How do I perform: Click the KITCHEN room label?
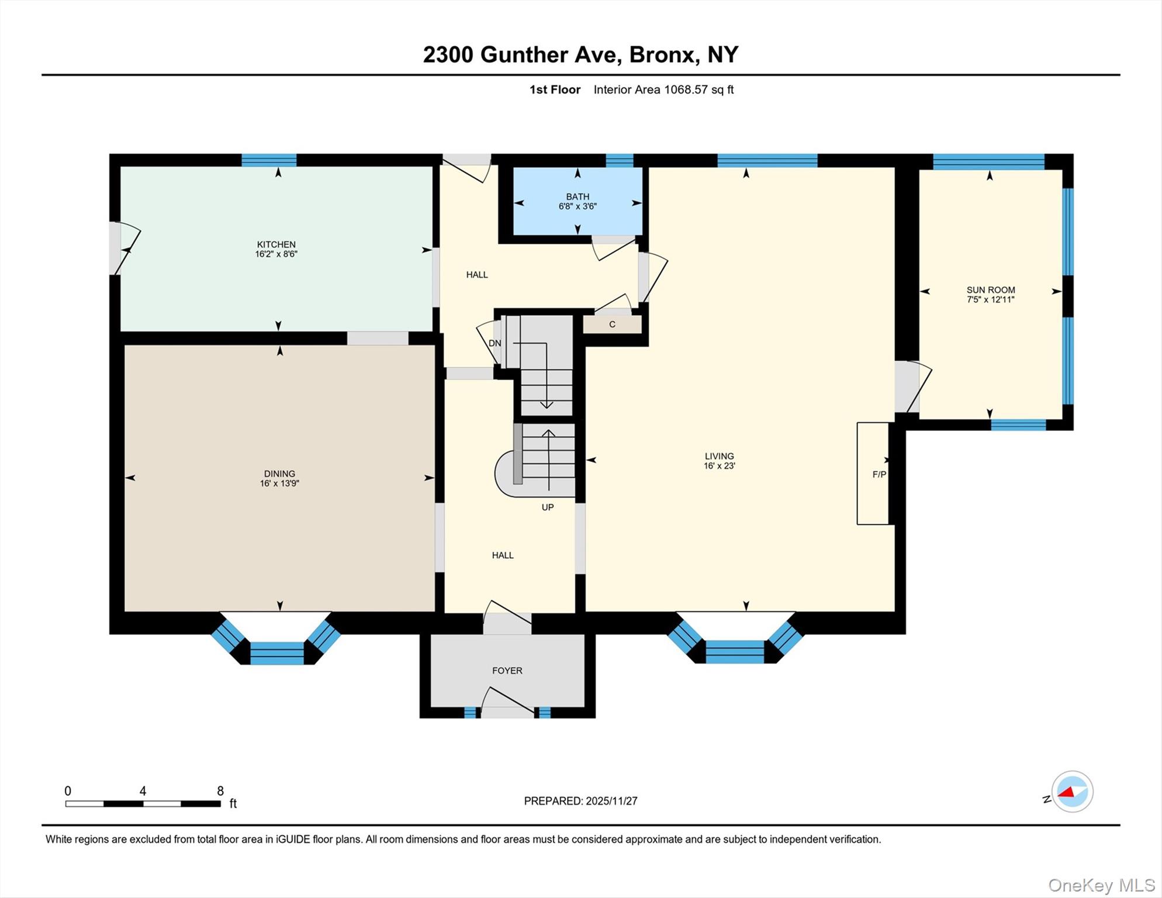276,249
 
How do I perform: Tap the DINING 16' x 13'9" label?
279,478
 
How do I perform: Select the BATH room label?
577,201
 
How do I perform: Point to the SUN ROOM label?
990,294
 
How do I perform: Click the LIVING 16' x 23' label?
719,461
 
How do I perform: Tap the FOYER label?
507,671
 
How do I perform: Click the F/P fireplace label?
879,474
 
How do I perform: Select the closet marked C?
612,324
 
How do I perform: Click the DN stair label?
494,343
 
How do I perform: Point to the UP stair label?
547,507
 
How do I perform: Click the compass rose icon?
1072,792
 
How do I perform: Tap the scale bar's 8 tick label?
220,791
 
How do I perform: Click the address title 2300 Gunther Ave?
580,54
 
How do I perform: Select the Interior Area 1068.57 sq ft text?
663,89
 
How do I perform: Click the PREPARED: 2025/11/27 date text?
580,801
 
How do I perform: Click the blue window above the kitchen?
269,160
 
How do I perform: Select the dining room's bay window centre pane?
277,652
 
